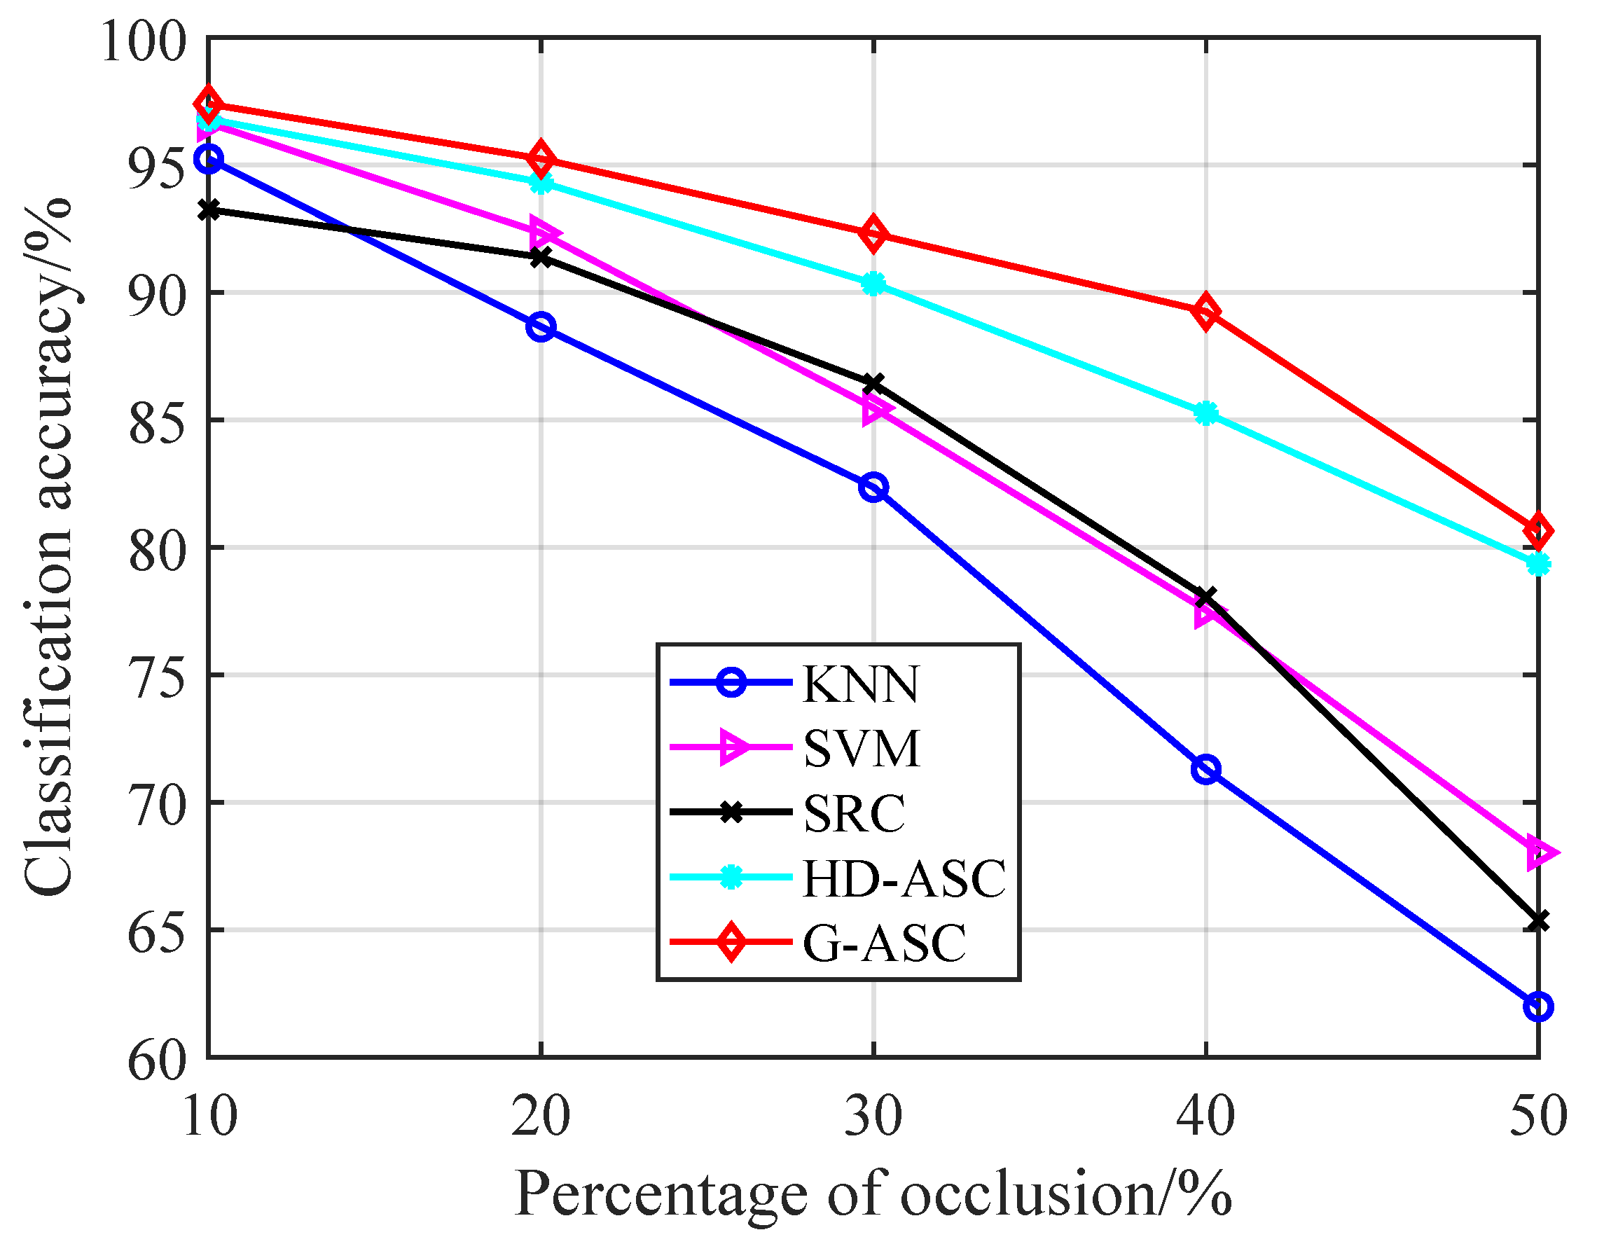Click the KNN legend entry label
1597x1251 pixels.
(859, 685)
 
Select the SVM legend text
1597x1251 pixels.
(861, 749)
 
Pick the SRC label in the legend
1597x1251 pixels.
(854, 813)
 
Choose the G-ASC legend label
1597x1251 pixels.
(884, 942)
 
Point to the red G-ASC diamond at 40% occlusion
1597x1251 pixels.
(1205, 312)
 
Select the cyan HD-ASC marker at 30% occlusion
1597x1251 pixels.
(873, 284)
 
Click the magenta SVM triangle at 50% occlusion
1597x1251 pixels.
(1538, 853)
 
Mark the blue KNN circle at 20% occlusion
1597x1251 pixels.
(540, 326)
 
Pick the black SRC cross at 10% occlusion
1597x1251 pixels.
(209, 210)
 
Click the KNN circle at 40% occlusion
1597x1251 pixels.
(1205, 770)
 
